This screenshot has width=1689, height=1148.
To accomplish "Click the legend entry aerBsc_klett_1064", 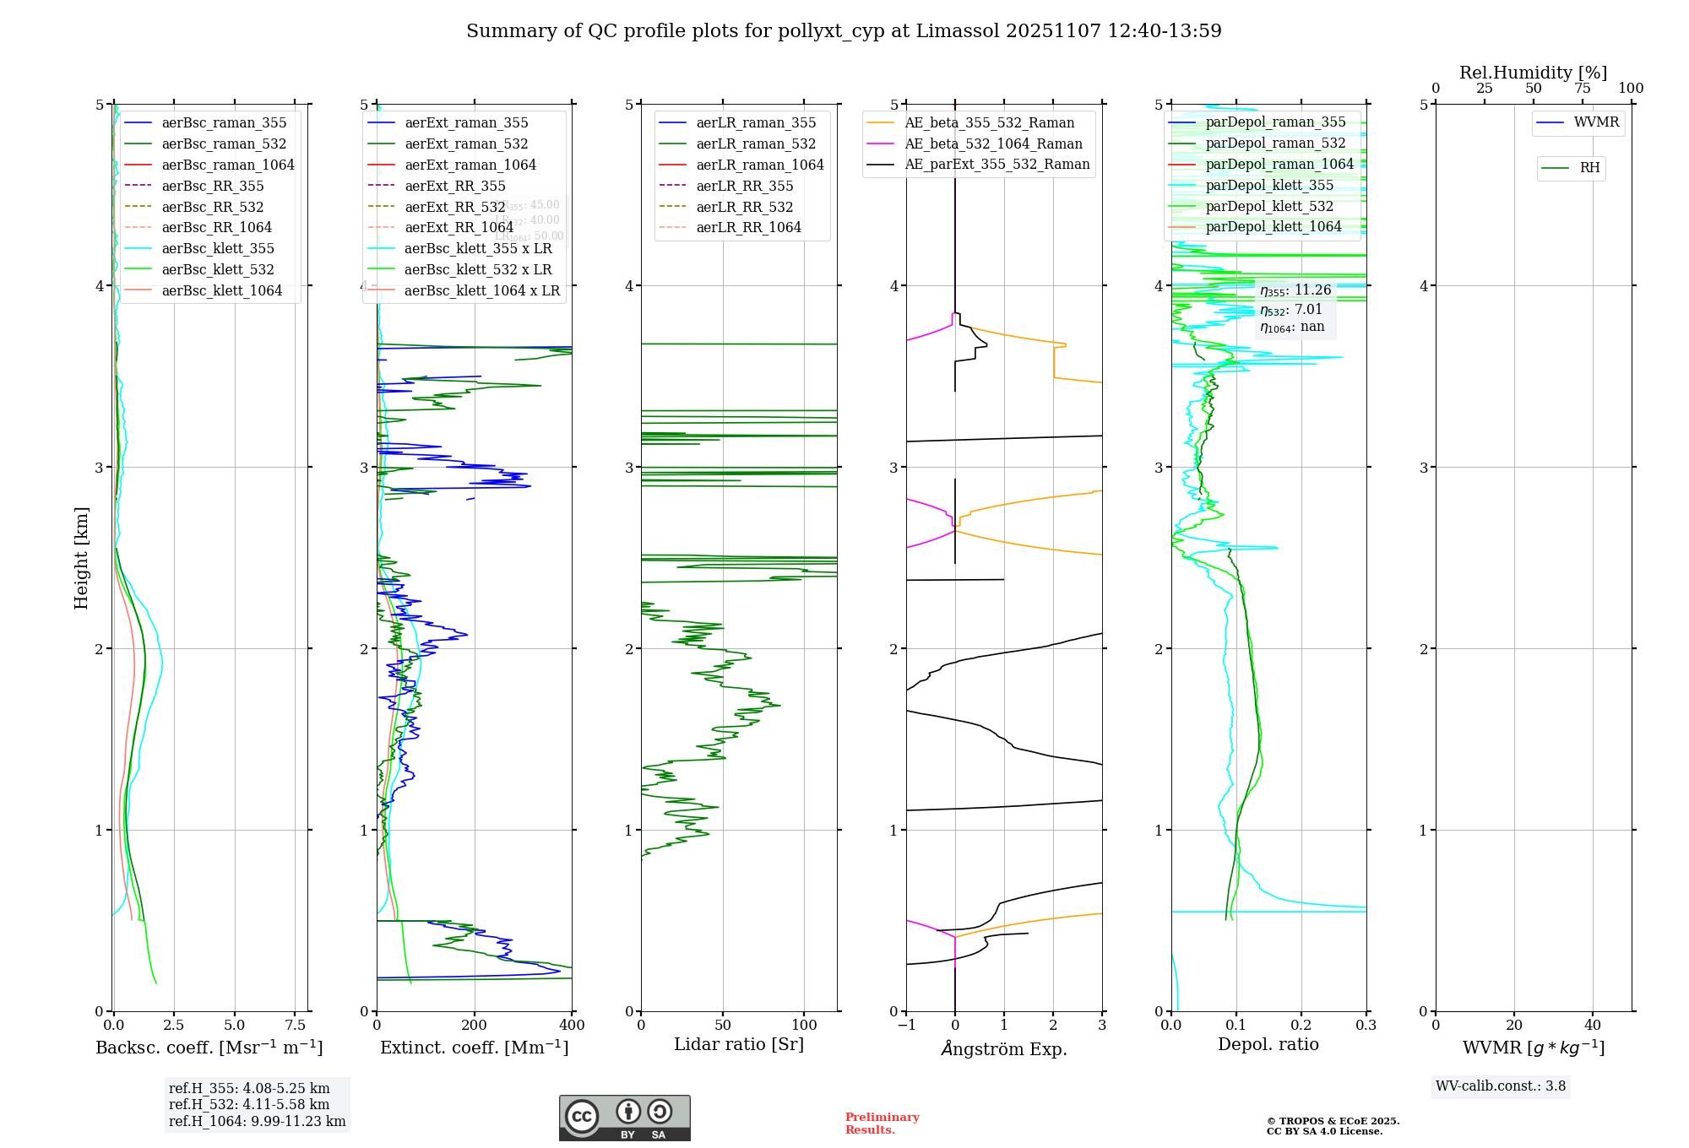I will (222, 290).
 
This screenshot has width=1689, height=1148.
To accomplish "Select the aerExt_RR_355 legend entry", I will (455, 186).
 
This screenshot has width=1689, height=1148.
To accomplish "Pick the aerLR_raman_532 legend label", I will (756, 143).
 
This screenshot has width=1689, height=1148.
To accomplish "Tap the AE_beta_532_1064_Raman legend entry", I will (993, 143).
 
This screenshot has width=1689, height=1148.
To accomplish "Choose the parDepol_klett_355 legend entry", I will (1269, 185).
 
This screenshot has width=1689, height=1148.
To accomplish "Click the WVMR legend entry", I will (1596, 122).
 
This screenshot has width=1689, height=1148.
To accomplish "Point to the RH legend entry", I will (1589, 168).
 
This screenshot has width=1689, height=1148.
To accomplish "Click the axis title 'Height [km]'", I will (81, 557).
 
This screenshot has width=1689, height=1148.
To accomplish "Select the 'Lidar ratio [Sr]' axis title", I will (739, 1044).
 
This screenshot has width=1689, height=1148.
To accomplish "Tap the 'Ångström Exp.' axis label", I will (1004, 1048).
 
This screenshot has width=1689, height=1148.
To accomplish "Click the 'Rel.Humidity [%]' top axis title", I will (1533, 73).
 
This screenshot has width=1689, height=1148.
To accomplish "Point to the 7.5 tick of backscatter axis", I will (296, 1025).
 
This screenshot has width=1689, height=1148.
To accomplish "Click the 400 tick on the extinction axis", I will (573, 1025).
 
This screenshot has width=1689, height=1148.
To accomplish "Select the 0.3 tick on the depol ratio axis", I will (1366, 1025).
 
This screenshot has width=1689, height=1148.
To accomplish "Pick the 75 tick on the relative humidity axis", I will (1582, 88).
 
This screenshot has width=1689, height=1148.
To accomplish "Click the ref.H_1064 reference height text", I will (257, 1121).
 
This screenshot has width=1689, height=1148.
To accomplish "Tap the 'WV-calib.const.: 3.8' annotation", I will (1501, 1086).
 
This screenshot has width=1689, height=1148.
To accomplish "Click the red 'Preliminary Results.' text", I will (882, 1123).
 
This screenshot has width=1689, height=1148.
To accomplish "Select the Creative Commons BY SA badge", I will (624, 1118).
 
